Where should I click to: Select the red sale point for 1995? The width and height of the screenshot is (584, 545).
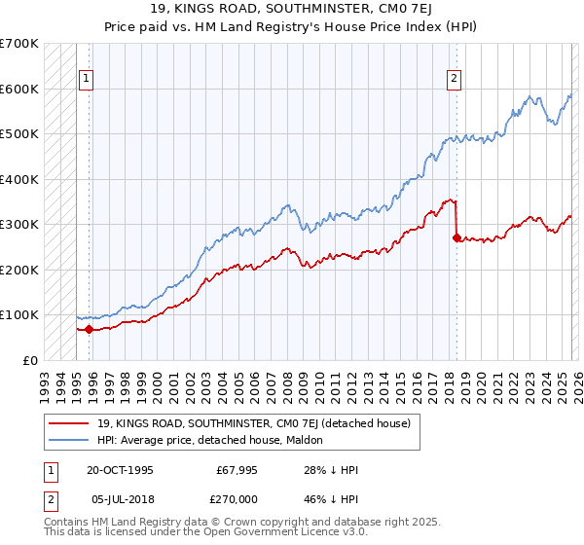tap(90, 329)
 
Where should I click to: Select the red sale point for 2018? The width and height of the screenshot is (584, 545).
tap(456, 236)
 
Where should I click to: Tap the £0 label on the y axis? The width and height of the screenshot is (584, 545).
tap(31, 360)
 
